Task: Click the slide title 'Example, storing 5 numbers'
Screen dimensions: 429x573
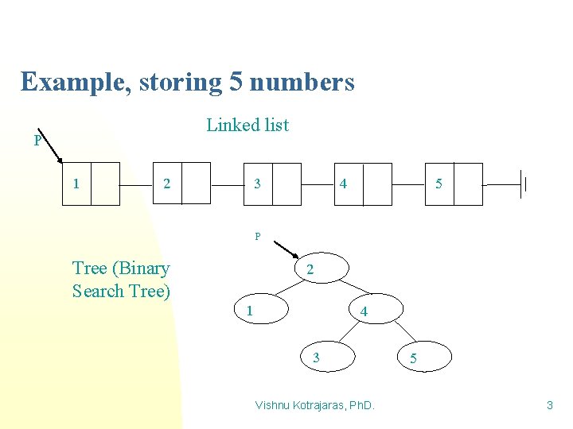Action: (x=188, y=82)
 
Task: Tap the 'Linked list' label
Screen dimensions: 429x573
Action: (x=248, y=125)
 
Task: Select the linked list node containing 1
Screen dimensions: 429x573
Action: (x=91, y=184)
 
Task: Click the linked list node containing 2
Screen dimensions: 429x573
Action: (x=181, y=184)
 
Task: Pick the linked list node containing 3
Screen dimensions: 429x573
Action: (x=272, y=184)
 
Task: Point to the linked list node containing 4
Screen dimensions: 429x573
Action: (x=363, y=184)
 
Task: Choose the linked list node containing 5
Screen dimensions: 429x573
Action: (x=454, y=184)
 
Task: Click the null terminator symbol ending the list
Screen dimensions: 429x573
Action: (x=523, y=184)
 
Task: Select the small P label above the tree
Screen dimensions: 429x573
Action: (x=257, y=236)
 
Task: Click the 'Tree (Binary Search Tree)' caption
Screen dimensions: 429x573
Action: (x=121, y=280)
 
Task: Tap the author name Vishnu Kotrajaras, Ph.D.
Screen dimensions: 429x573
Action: (x=314, y=406)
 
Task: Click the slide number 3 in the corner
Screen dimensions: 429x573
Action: (x=549, y=406)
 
